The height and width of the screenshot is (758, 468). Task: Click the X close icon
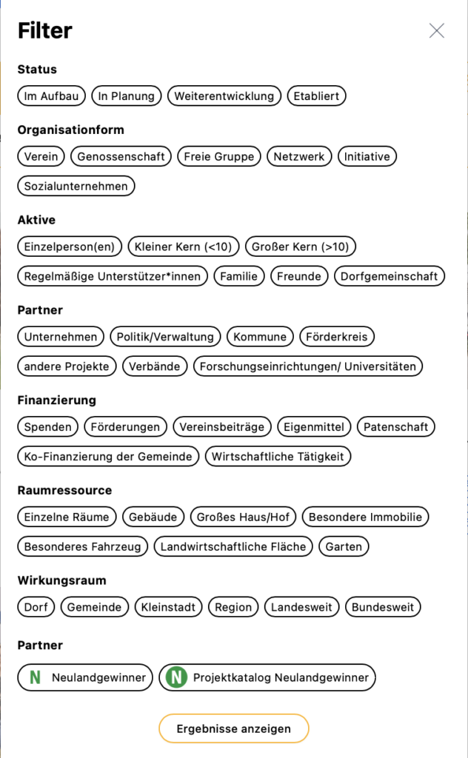437,30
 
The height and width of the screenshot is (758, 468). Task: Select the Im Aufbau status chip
51,95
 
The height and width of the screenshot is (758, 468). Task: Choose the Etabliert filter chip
316,95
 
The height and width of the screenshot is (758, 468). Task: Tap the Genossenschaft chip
121,156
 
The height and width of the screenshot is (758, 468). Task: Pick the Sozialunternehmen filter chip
76,186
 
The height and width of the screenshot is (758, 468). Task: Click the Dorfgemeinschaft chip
390,276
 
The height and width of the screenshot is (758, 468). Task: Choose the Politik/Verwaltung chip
165,337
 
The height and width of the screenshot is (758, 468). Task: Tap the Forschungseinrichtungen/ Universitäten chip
308,366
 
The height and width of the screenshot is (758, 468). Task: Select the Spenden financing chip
48,427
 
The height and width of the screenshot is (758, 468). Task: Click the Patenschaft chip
396,427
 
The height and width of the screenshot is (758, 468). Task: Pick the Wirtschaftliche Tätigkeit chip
278,457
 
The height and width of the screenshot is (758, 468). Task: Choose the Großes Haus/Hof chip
244,517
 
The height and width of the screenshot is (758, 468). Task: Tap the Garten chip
344,547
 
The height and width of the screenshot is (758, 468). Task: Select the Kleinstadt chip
168,608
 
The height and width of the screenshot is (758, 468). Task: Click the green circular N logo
176,677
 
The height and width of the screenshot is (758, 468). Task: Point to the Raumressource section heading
64,490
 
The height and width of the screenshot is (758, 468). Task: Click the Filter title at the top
45,30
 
